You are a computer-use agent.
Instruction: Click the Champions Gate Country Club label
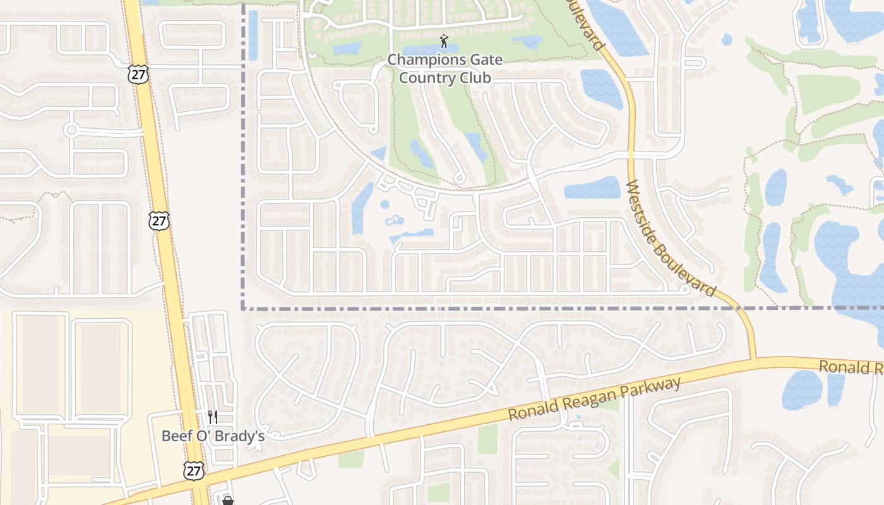[445, 69]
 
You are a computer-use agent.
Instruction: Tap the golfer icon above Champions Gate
[445, 42]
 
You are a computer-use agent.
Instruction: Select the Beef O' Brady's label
[213, 436]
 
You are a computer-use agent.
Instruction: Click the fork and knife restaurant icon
[213, 417]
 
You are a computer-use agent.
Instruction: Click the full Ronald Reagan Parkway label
[595, 399]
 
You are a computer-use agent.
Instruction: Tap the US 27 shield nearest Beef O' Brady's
[194, 470]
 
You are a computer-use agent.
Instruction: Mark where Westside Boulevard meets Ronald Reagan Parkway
[753, 360]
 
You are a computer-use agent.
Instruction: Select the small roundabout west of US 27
[71, 131]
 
